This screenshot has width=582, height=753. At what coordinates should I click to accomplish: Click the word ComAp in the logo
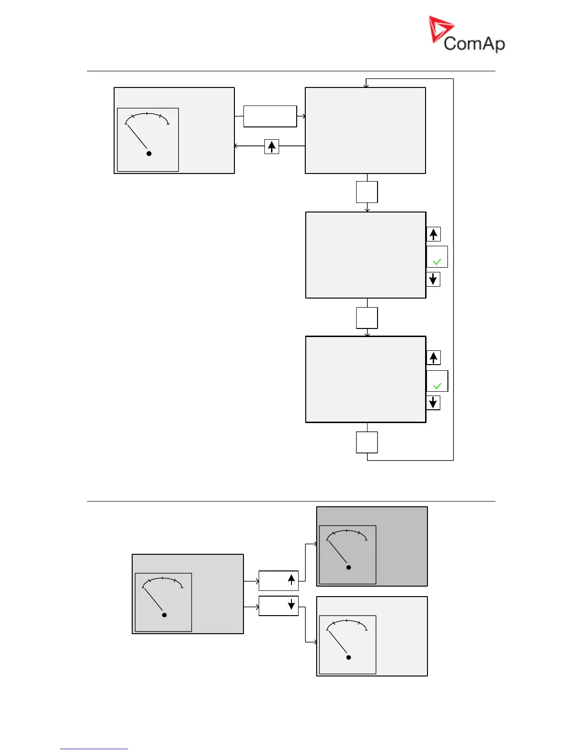(474, 44)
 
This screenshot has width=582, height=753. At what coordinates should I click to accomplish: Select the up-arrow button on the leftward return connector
(272, 146)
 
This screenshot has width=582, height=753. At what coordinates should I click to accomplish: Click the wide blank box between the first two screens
(270, 116)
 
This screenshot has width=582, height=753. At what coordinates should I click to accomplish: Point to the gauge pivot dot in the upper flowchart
(149, 153)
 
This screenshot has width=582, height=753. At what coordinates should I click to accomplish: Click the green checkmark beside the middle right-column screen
(437, 261)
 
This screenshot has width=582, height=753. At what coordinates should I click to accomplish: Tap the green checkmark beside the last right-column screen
(437, 386)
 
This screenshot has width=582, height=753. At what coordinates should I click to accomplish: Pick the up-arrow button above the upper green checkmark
(433, 234)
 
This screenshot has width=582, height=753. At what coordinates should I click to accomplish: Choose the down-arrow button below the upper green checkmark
(433, 279)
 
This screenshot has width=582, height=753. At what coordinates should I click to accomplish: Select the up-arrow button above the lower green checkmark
(433, 357)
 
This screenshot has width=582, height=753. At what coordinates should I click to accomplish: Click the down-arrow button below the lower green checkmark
(433, 403)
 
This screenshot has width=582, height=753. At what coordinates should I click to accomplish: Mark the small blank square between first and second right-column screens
(367, 192)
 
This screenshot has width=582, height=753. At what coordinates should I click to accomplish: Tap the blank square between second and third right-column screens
(367, 318)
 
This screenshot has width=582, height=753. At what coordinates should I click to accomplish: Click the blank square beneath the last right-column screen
(367, 442)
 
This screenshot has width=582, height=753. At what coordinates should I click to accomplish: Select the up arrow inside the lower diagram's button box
(291, 579)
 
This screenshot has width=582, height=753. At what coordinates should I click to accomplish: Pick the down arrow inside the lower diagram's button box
(291, 605)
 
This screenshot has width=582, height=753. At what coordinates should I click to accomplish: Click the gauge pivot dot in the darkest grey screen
(349, 567)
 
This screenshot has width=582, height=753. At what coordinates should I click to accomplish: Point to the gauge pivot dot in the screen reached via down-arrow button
(349, 657)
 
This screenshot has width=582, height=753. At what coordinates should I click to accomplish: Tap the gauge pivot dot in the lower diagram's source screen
(165, 615)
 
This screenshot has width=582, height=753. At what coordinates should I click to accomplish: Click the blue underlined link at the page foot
(94, 749)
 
